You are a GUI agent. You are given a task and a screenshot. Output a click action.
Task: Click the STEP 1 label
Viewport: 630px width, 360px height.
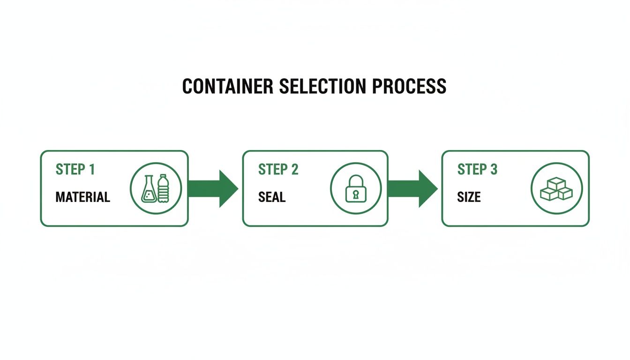click(x=75, y=169)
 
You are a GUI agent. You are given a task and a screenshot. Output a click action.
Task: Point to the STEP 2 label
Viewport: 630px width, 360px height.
click(x=278, y=169)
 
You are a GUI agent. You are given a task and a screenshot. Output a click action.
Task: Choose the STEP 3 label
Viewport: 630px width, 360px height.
click(x=477, y=169)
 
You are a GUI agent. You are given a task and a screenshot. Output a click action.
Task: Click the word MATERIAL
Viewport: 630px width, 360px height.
click(x=82, y=197)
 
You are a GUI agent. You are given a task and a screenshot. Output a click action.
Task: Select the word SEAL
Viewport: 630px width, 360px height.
click(x=272, y=197)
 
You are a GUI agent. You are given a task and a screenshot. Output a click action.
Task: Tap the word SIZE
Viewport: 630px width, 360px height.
click(x=469, y=197)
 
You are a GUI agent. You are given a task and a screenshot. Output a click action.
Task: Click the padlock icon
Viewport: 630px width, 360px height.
click(x=356, y=188)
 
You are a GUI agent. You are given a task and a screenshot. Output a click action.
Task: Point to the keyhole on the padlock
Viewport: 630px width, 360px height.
click(x=356, y=193)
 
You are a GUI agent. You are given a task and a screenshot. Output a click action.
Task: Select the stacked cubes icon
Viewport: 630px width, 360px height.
click(x=556, y=189)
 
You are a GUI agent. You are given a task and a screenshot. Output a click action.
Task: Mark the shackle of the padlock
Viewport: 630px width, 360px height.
click(x=356, y=180)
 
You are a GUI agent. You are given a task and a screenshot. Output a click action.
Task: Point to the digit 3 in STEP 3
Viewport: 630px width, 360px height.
click(x=494, y=169)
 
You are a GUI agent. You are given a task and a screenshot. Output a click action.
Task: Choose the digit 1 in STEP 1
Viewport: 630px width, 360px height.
click(x=91, y=169)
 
